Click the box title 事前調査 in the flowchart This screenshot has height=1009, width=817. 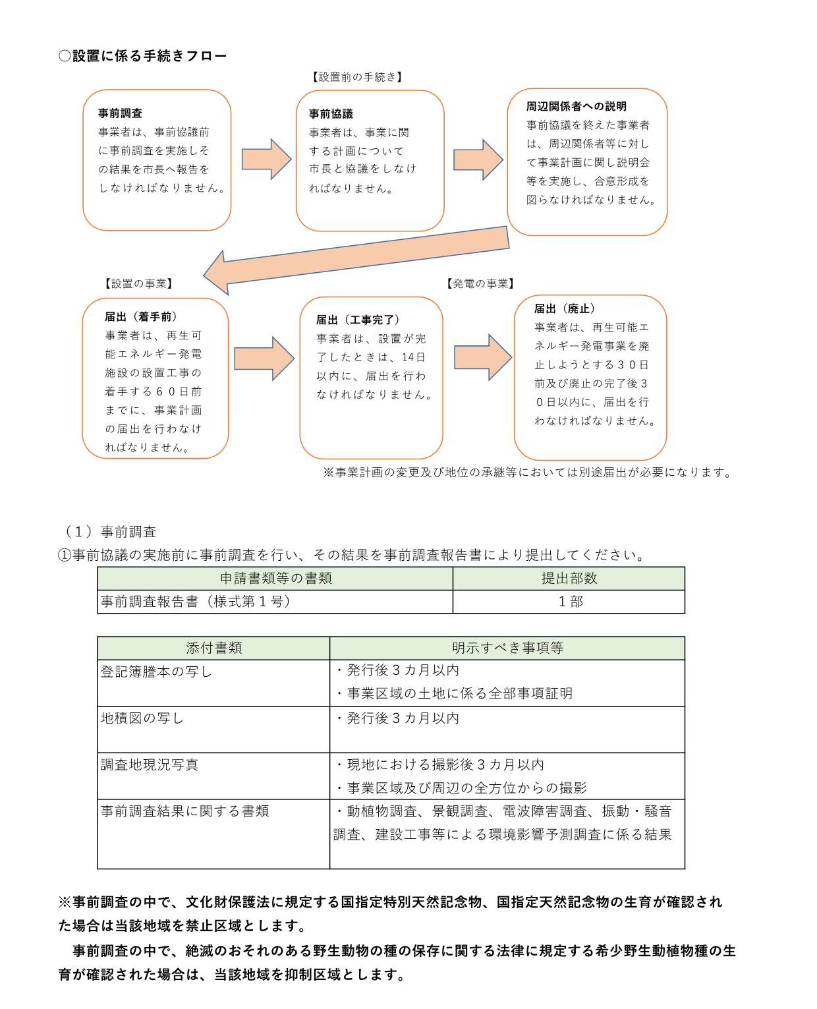[120, 113]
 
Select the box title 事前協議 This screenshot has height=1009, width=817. [331, 114]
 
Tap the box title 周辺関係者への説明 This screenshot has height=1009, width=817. [576, 106]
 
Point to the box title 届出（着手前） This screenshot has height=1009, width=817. [141, 317]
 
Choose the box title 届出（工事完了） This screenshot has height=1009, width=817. [358, 320]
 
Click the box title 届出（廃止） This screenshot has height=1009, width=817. [565, 308]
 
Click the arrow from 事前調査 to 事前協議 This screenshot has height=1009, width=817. [266, 159]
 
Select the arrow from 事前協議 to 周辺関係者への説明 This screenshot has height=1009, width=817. [478, 159]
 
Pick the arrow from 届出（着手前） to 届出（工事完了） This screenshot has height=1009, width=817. [264, 359]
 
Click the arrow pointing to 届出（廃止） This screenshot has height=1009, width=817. [482, 357]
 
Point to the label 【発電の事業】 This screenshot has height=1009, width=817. [480, 284]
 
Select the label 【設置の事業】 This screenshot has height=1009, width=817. [138, 284]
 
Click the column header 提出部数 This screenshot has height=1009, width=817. [569, 578]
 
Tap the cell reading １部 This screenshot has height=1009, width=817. [570, 601]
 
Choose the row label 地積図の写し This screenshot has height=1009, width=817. [142, 718]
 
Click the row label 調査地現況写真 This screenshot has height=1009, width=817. [150, 764]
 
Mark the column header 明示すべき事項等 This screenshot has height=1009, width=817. [507, 648]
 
